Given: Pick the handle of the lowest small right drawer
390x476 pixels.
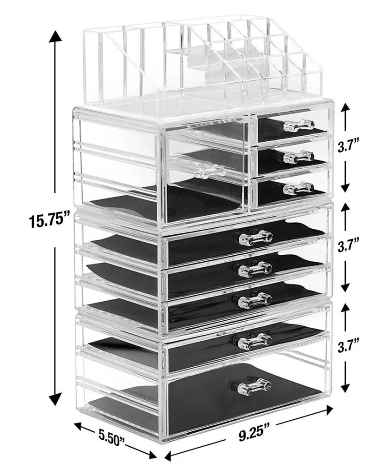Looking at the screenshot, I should click(x=298, y=188).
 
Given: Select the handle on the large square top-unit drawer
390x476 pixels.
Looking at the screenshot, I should click(x=209, y=171).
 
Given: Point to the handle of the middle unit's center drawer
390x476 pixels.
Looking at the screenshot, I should click(x=255, y=269).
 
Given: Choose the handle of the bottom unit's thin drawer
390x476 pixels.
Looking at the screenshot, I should click(x=255, y=342).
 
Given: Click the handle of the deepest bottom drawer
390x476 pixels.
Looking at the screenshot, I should click(x=255, y=386).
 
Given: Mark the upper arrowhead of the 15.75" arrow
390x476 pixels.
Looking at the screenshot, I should click(x=55, y=37).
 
